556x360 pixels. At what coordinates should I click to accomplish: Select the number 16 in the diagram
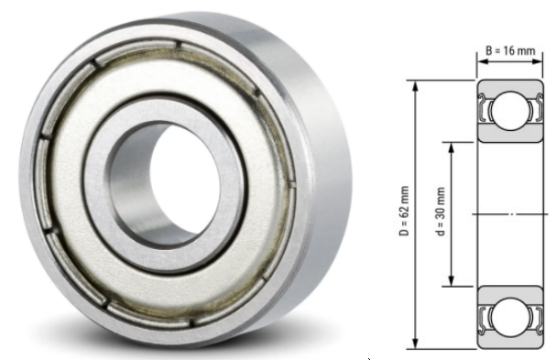pos(509,51)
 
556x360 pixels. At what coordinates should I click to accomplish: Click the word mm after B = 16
pos(524,51)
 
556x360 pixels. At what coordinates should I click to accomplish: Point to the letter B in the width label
pos(488,51)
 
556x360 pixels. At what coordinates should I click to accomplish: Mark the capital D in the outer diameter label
pos(404,235)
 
